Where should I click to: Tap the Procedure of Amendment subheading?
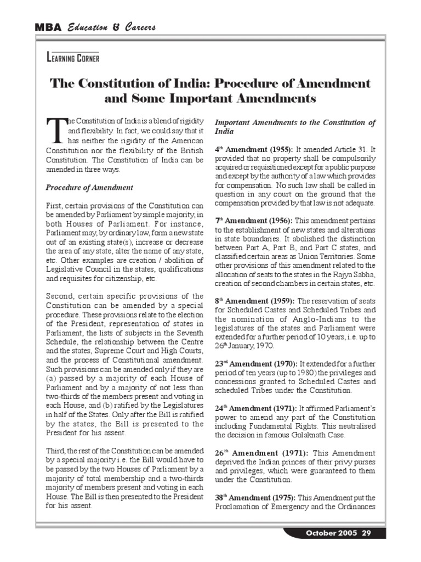[x=89, y=188]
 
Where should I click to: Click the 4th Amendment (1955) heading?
[x=254, y=149]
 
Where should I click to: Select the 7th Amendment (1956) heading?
[x=254, y=220]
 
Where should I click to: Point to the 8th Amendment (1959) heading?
[x=254, y=301]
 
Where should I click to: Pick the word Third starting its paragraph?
[x=56, y=449]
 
